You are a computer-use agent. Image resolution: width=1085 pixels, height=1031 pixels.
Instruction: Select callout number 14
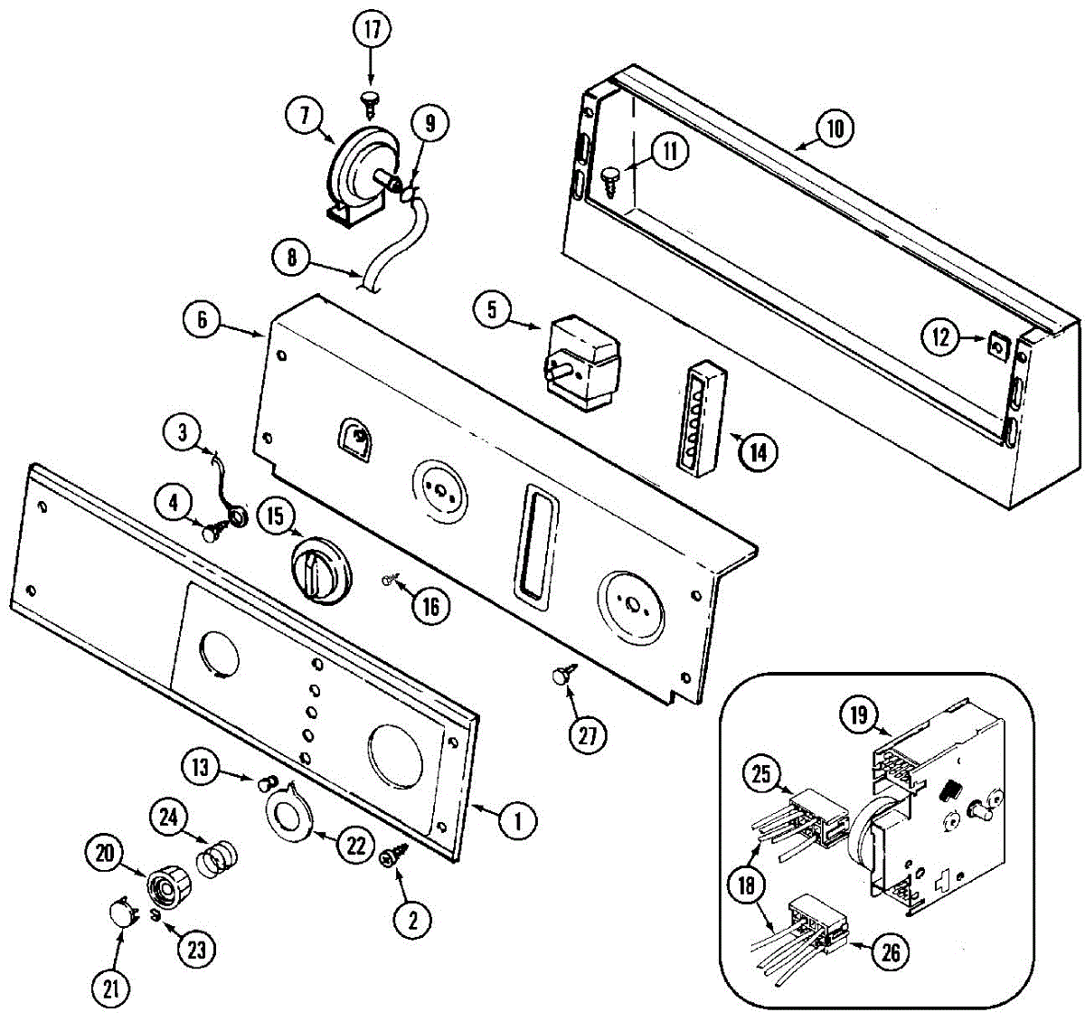758,450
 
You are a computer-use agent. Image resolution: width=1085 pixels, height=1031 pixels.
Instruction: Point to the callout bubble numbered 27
588,735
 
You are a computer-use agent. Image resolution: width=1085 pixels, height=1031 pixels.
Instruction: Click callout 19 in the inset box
858,716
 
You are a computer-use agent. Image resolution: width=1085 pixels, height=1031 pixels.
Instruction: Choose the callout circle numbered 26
890,951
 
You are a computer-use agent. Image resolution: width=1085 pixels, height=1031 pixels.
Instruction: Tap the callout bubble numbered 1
518,821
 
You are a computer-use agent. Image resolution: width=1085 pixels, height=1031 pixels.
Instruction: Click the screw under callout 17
371,100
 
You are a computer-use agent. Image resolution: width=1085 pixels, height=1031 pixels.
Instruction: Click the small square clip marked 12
998,345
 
